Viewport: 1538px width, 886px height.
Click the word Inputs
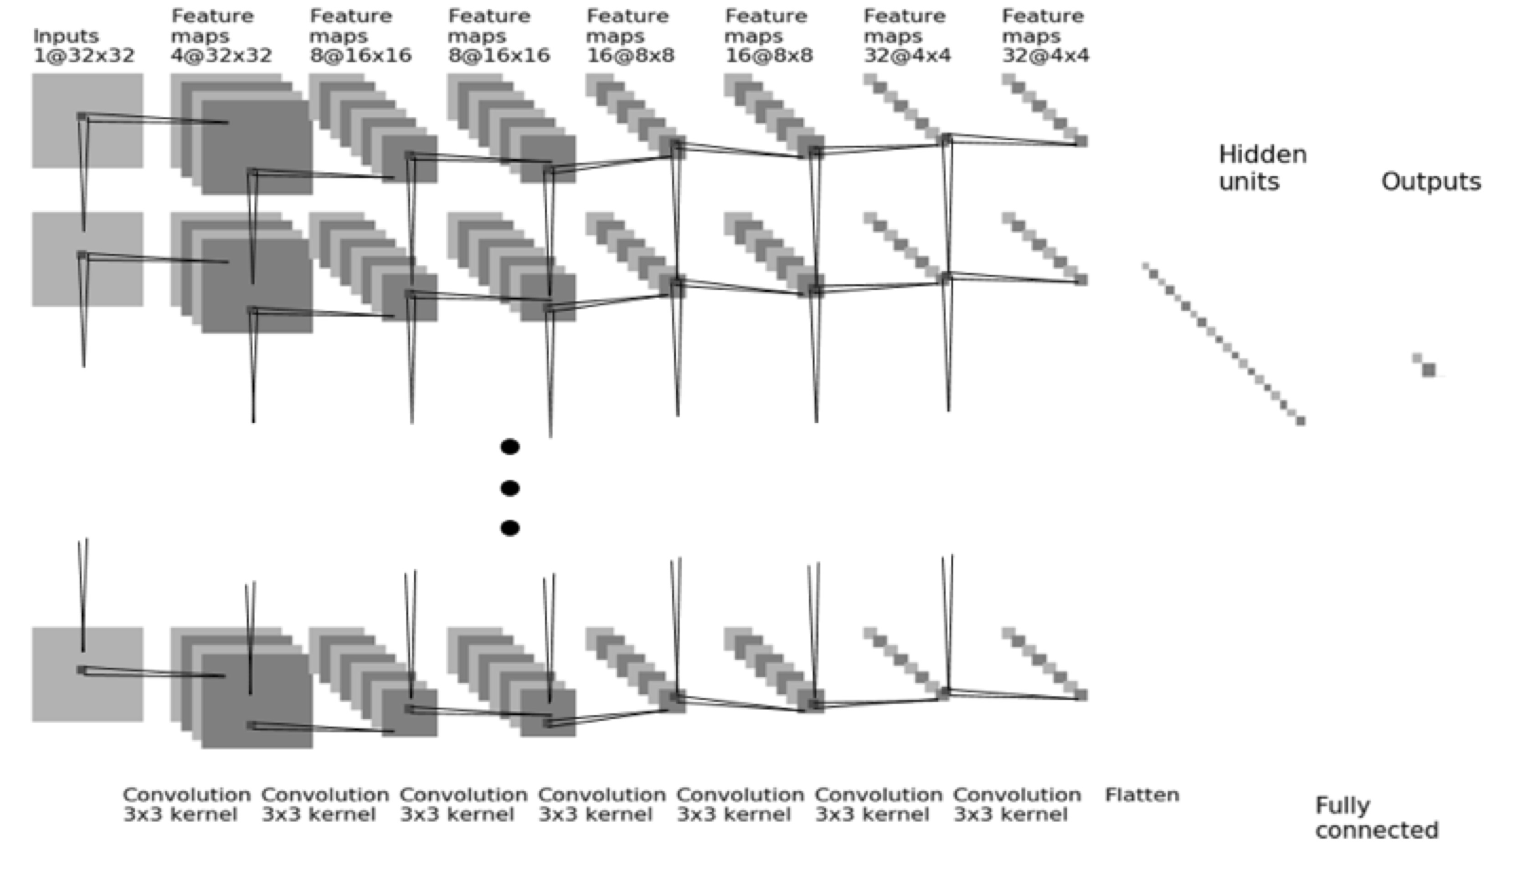coord(66,36)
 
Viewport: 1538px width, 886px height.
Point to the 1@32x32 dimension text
coord(83,56)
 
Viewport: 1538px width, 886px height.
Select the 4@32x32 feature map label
coord(221,56)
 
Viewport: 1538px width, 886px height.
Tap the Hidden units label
coord(1262,168)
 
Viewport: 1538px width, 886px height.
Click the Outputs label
coord(1431,182)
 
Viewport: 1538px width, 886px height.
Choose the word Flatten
coord(1142,795)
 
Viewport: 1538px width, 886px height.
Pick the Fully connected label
coord(1377,818)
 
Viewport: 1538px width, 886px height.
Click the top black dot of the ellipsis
coord(510,447)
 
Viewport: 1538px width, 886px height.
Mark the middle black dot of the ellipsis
coord(510,488)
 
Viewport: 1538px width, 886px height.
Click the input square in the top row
coord(87,120)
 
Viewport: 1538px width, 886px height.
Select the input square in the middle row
coord(87,259)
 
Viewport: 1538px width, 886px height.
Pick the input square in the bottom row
coord(87,674)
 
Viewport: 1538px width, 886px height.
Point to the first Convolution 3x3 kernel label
coord(186,804)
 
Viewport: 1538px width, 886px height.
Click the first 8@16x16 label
coord(360,56)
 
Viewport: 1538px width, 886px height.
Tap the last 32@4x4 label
coord(1045,56)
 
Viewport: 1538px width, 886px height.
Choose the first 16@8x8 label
coord(630,56)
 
